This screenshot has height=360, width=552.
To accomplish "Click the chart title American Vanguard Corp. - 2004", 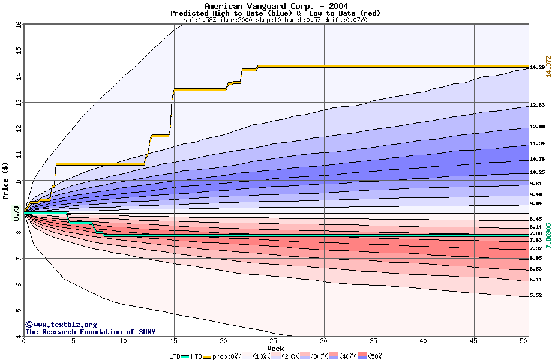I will click(275, 6).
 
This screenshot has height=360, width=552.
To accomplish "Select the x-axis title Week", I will click(275, 349).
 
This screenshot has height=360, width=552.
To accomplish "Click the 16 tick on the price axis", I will click(18, 25).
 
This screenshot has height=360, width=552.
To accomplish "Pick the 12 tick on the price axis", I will click(18, 128).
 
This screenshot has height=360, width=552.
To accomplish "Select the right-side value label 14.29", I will click(536, 67).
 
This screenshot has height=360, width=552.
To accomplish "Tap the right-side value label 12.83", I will click(536, 106).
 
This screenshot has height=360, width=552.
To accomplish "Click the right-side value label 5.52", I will click(535, 295).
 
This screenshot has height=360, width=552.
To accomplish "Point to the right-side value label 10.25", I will click(536, 172).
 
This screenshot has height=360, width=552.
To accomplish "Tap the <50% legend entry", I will click(372, 356).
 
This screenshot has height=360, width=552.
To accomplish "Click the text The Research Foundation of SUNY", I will click(90, 332).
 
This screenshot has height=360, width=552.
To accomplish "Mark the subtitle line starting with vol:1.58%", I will click(275, 20).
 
